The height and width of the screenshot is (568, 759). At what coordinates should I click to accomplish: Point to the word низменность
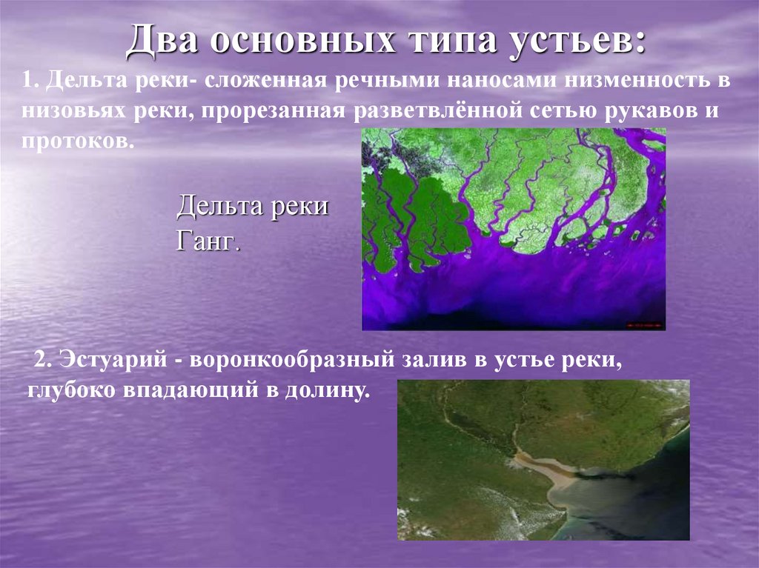(x=637, y=81)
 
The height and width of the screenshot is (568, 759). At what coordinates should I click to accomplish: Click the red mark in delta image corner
(x=644, y=324)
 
